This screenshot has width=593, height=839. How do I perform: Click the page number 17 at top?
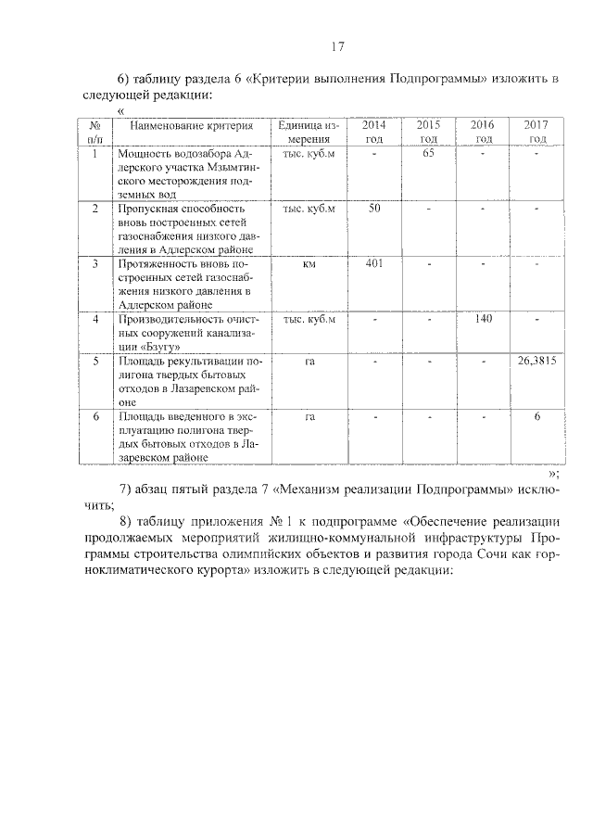[x=337, y=46]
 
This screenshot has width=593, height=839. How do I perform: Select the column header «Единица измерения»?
[x=309, y=132]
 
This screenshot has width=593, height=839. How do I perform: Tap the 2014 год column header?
[x=373, y=132]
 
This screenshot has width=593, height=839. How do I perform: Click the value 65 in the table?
[x=428, y=153]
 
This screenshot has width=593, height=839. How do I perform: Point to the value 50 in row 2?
[x=373, y=209]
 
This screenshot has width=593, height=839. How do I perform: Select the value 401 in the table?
[x=373, y=264]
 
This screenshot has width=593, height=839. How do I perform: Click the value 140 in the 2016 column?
[x=482, y=320]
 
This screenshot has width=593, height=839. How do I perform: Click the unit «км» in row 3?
[x=309, y=264]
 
